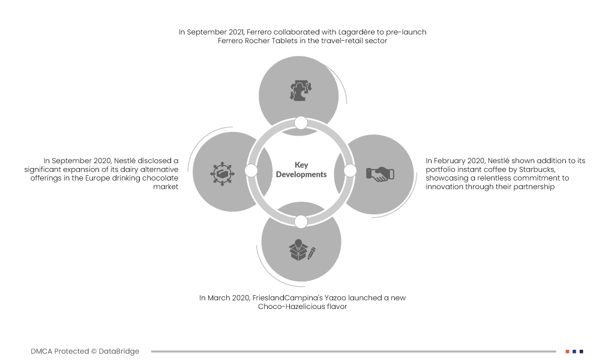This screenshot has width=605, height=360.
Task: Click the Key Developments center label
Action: point(301,170)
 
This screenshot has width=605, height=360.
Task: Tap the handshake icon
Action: point(380,174)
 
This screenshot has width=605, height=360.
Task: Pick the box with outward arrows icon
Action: point(222,173)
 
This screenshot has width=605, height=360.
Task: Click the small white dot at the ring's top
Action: point(301,123)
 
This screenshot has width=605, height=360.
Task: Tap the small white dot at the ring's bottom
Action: point(301,221)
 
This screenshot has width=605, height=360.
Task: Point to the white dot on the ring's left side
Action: point(251,171)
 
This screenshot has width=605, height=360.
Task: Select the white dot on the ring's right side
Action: point(350,171)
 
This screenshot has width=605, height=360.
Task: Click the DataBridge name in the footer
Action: point(119,351)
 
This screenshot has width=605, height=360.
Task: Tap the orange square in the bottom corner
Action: point(567,351)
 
